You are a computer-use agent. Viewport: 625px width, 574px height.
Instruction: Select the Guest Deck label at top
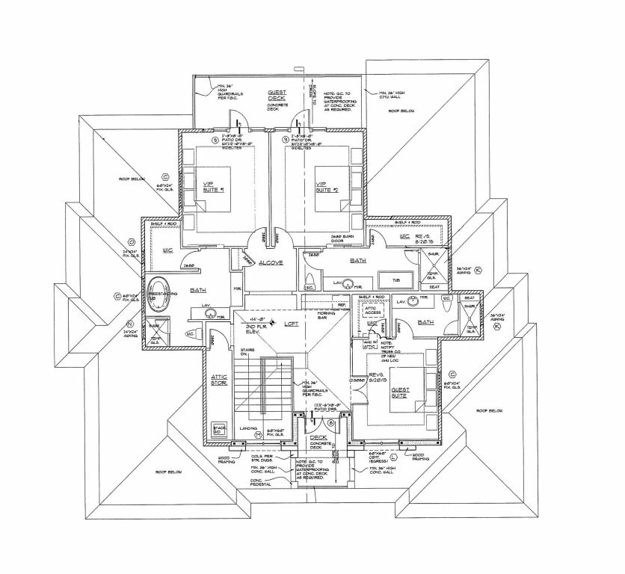click(277, 95)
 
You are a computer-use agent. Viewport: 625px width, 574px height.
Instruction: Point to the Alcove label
click(270, 262)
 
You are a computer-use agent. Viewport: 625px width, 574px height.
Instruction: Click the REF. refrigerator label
click(341, 304)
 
